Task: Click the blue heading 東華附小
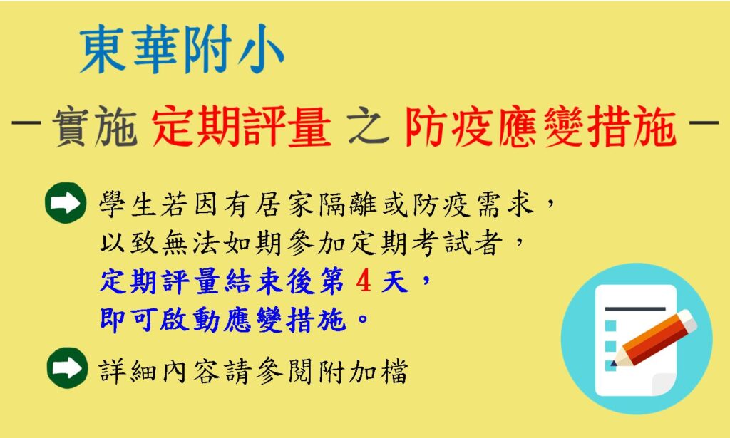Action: pyautogui.click(x=182, y=48)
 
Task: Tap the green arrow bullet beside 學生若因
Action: pyautogui.click(x=66, y=203)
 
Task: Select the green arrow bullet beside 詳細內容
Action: pyautogui.click(x=67, y=367)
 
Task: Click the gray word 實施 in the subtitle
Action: pyautogui.click(x=95, y=127)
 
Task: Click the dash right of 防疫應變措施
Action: pyautogui.click(x=703, y=124)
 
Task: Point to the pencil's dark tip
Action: pyautogui.click(x=614, y=363)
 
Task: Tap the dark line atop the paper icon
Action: pyautogui.click(x=635, y=308)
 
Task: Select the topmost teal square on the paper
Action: pyautogui.click(x=610, y=325)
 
